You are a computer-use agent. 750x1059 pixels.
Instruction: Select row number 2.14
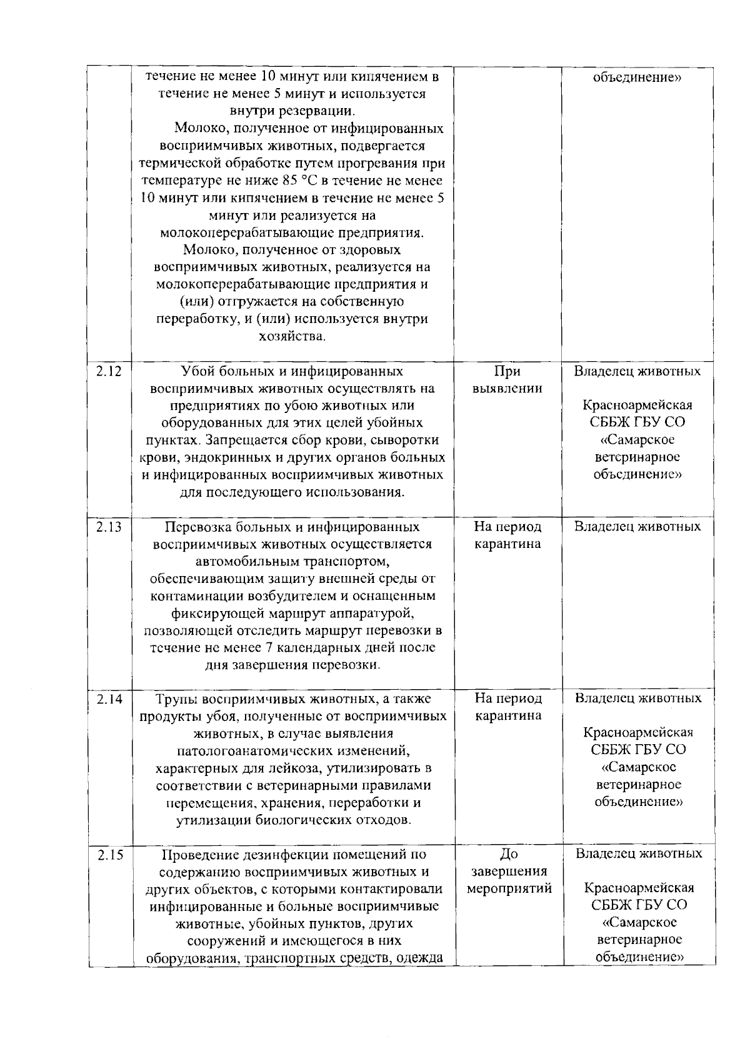[x=109, y=699]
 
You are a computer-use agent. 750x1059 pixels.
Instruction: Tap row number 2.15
[x=110, y=855]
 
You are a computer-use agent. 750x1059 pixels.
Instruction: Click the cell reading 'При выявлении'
[x=507, y=380]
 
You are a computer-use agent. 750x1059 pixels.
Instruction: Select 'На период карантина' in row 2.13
[x=507, y=535]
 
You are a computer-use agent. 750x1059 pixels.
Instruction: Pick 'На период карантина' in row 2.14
[x=507, y=707]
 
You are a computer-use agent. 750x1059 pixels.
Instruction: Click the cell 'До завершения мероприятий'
[x=509, y=871]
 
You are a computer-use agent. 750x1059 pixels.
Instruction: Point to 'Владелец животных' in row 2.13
[x=637, y=527]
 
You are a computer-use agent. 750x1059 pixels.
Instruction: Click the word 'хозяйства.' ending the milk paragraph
[x=292, y=337]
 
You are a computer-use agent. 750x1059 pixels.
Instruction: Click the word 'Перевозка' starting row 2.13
[x=194, y=527]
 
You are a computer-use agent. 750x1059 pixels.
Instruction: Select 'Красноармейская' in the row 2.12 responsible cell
[x=637, y=405]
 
